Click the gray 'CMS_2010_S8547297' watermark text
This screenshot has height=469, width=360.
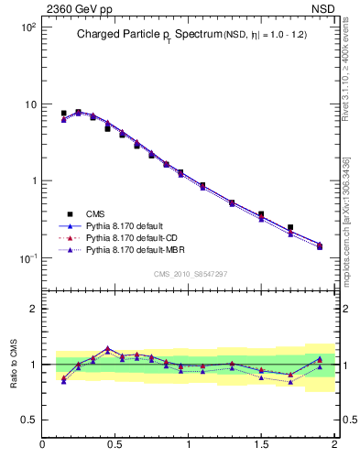point(190,274)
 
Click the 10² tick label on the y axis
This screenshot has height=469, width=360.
point(28,28)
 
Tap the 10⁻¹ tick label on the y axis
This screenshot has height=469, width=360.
point(27,258)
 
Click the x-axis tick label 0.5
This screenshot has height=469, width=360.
point(115,445)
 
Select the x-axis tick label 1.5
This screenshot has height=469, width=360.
point(261,445)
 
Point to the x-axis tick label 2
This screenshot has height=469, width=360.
point(333,445)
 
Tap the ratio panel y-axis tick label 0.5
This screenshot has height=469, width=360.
point(28,420)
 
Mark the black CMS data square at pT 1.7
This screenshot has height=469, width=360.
point(290,227)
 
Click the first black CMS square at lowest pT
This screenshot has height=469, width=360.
point(63,114)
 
